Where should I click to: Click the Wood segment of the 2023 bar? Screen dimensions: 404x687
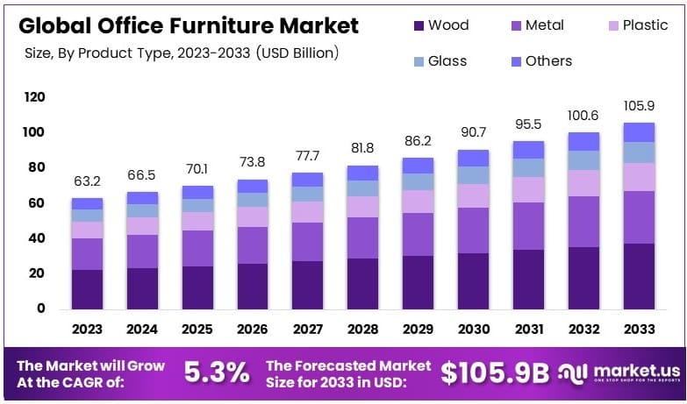tap(87, 289)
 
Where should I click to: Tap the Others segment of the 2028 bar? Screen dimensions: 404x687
tap(362, 173)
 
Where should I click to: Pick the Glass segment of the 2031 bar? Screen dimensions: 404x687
tap(528, 167)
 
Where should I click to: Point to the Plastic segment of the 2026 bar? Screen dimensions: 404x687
tap(253, 216)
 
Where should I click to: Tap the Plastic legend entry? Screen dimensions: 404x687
tap(635, 25)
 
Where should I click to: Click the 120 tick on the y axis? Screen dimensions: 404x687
tap(33, 97)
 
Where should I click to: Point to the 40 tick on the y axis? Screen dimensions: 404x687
tap(37, 238)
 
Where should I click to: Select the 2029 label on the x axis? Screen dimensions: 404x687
tap(418, 330)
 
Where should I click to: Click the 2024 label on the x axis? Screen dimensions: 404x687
tap(142, 330)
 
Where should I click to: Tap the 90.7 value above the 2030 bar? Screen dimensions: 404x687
tap(473, 133)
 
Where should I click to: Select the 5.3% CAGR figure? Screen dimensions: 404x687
tap(217, 372)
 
